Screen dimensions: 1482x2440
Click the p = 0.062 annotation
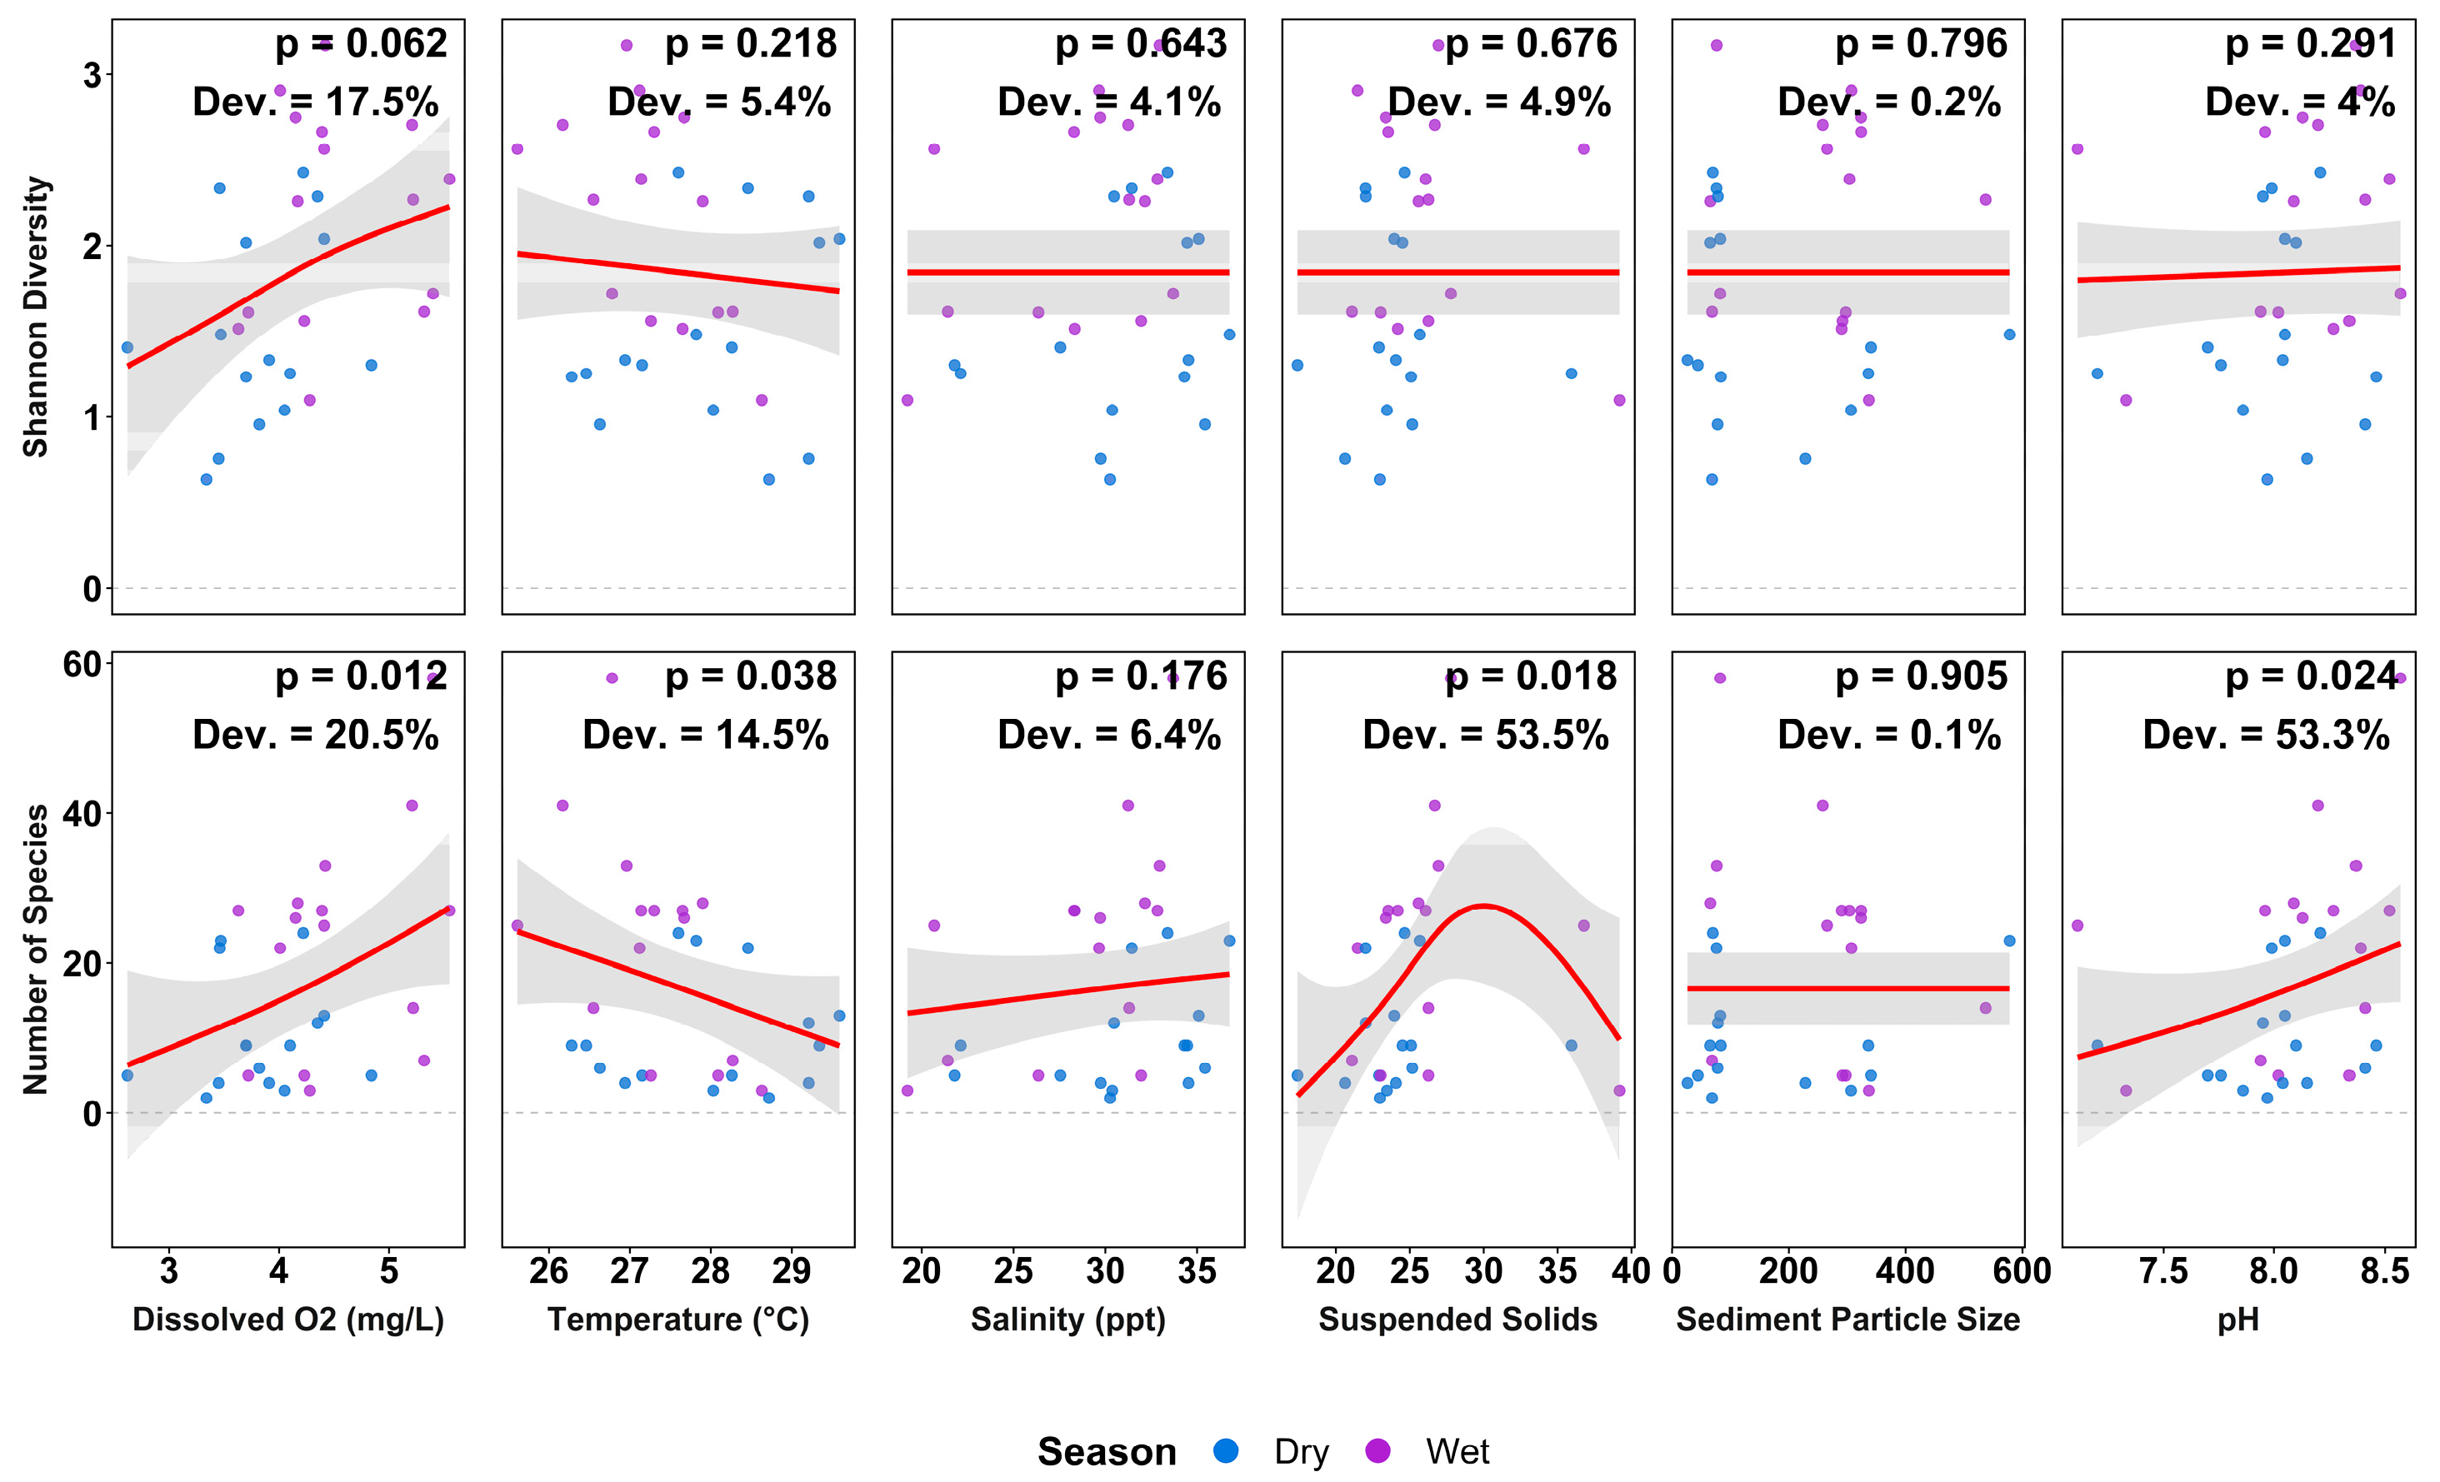point(361,43)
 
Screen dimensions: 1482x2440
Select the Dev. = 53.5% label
point(1485,736)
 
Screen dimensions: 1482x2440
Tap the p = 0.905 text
point(1921,677)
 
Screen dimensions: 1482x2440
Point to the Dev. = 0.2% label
point(1888,102)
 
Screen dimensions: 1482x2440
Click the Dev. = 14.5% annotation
point(705,736)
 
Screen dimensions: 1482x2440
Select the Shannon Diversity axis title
point(36,317)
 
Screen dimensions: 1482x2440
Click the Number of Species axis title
point(36,948)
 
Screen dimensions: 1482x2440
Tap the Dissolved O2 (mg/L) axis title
point(288,1320)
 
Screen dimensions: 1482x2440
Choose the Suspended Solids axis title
point(1457,1320)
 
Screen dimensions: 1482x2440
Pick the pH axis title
point(2238,1320)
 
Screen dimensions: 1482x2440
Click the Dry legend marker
point(1226,1451)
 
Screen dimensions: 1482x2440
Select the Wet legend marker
point(1377,1451)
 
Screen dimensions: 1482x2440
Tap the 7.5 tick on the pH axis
point(2162,1270)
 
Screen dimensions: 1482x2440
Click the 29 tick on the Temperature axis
point(790,1270)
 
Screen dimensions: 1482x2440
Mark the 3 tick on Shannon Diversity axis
point(92,75)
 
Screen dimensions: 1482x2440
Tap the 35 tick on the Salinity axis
point(1196,1270)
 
